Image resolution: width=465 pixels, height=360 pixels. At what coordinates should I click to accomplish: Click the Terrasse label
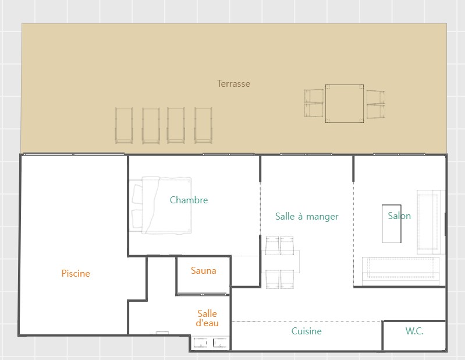coord(233,84)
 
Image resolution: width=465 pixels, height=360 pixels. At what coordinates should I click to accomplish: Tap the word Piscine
coord(76,273)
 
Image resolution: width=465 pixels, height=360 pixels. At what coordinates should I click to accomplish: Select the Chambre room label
coord(189,200)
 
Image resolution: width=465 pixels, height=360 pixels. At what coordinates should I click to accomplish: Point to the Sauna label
coord(204,271)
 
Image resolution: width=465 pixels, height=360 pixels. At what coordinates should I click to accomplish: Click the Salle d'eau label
coord(207,318)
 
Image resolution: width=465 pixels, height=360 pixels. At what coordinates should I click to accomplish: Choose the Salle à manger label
coord(307,217)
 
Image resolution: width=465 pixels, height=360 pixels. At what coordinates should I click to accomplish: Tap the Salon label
coord(399,216)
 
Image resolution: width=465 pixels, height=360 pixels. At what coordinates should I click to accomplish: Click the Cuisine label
coord(306,331)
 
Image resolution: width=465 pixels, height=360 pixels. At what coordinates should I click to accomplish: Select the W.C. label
coord(414,331)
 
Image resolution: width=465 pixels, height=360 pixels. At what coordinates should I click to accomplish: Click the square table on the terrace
coord(345,104)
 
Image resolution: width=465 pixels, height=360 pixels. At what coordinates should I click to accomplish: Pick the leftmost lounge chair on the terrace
coord(123,126)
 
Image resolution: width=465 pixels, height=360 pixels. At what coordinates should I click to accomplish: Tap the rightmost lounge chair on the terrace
coord(203,126)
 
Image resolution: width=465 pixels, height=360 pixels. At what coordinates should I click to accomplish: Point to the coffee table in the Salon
coord(392,224)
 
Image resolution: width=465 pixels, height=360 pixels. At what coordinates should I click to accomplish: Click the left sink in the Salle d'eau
coord(200,343)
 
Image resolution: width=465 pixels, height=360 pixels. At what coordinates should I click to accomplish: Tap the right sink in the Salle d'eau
coord(220,343)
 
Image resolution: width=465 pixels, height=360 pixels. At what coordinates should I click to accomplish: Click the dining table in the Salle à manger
coord(281,262)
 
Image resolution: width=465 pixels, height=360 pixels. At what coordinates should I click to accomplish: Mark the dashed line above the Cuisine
coord(306,322)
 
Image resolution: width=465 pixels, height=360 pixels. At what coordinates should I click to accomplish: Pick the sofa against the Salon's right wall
coord(431,222)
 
